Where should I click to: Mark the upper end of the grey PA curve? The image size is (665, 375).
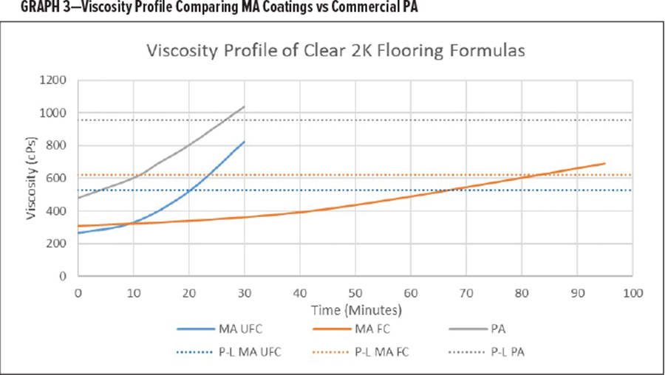(x=244, y=106)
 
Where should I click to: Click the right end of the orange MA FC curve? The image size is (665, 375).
(x=605, y=163)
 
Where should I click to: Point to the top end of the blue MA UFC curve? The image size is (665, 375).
(x=244, y=141)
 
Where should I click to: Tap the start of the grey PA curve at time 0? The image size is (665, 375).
(x=78, y=198)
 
